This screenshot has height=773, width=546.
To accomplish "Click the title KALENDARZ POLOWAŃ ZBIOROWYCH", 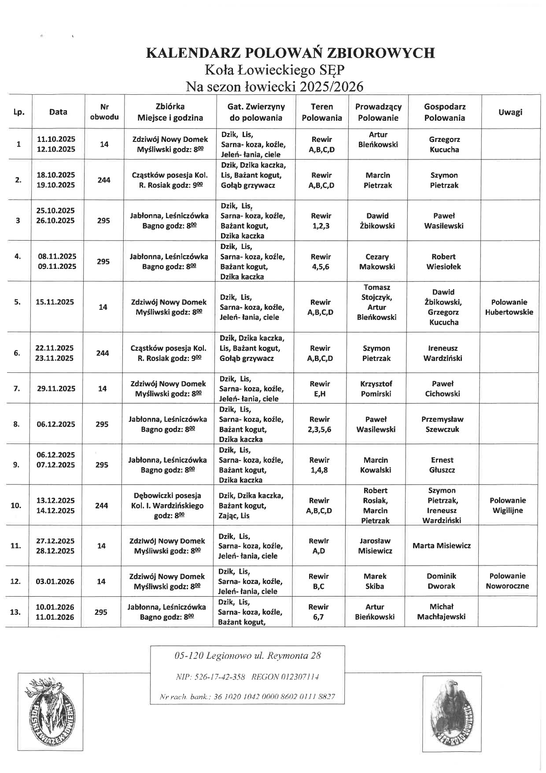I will [290, 53].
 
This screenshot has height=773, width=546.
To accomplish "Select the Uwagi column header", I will [510, 112].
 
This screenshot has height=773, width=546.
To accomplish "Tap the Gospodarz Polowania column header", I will [444, 112].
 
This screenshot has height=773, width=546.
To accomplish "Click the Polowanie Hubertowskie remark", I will [509, 307].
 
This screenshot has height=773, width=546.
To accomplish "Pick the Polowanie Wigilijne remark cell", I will [508, 505].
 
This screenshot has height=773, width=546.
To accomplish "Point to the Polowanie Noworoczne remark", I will [507, 581].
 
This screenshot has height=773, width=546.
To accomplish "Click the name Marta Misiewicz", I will [442, 546].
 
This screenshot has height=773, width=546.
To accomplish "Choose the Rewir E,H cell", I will [320, 389].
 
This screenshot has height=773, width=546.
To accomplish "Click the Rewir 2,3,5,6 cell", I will [319, 424].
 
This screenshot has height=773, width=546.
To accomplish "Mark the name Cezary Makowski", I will [377, 262].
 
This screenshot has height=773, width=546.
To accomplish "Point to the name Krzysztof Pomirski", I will [376, 389].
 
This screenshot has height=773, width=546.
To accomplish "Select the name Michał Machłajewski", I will [441, 612].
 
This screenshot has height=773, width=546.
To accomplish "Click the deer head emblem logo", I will [50, 711].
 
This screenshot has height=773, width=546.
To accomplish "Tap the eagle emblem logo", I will [451, 713].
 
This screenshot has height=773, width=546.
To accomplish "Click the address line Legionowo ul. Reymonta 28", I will [247, 656].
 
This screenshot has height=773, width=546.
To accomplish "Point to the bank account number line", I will [247, 697].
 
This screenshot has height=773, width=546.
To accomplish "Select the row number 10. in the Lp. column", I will [16, 505].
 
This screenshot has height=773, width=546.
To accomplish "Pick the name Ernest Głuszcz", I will [442, 465].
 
